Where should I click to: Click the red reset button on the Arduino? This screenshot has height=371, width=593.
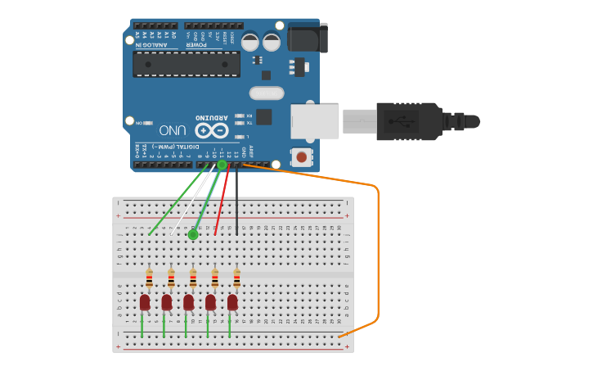[302, 156]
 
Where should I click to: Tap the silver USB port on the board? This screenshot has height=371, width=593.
[315, 121]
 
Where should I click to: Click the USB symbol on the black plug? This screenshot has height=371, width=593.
[401, 122]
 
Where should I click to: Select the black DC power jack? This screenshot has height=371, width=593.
[308, 38]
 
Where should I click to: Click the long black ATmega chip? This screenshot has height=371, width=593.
[186, 64]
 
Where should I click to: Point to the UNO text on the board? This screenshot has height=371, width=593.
[173, 130]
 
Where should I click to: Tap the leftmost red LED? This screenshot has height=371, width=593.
[145, 302]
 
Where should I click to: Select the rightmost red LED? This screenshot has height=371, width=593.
[232, 302]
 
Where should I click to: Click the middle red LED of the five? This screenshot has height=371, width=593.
[189, 302]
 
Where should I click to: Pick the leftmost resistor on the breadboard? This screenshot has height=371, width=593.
[149, 278]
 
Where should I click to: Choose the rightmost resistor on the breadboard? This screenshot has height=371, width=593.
[236, 278]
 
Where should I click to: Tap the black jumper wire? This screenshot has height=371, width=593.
[237, 201]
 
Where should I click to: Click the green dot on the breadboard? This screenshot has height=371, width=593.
[193, 235]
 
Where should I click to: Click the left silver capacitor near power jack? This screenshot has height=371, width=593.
[250, 41]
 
